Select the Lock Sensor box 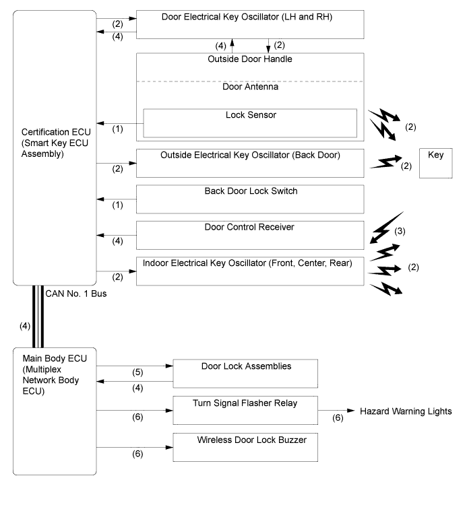(x=250, y=123)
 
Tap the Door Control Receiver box (x=250, y=235)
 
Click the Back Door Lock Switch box (x=250, y=199)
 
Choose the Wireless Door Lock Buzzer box (x=245, y=446)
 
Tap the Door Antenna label (x=250, y=86)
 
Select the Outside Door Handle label (x=250, y=59)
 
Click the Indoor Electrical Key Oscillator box (x=250, y=271)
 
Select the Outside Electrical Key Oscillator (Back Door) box (x=250, y=162)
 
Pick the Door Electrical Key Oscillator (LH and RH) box (x=250, y=25)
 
